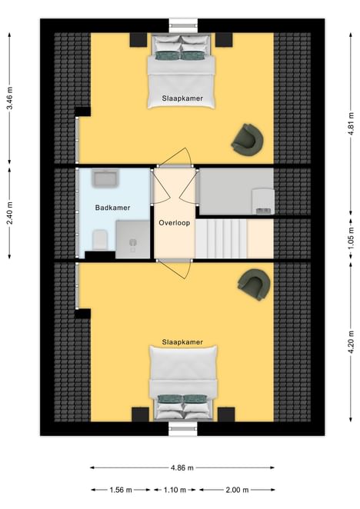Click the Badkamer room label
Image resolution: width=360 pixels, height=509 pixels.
coord(112,208)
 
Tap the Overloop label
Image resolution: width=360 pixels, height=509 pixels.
coord(174,223)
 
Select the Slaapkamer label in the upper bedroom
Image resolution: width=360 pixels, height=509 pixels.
coord(182,98)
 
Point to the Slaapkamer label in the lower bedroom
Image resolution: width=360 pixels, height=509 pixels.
coord(182,342)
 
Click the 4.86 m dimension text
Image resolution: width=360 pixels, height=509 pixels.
coord(182,467)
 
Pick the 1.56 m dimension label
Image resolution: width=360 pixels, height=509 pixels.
coord(121,490)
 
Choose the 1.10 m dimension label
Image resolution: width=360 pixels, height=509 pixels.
coord(175,490)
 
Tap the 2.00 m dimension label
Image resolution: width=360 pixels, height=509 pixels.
coord(237,490)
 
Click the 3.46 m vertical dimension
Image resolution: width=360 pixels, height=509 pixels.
coord(10,98)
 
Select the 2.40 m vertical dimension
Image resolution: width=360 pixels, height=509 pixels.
coord(10,213)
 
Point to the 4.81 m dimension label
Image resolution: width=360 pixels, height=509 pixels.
coord(351,124)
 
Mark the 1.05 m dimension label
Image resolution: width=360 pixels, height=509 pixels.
coord(351,238)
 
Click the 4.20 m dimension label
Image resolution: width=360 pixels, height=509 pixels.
coord(351,342)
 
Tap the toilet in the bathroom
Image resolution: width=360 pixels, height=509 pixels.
coord(100,240)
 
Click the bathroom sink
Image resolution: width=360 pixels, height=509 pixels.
coord(105,178)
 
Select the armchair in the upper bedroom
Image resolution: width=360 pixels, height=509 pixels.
coord(247,140)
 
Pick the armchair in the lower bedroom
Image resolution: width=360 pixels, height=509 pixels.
coord(255,284)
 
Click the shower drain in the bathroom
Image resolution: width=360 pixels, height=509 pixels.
coord(133,242)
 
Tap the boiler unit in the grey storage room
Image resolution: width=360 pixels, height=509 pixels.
coord(263,201)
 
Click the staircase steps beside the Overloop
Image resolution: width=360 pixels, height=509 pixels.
coord(221,238)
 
